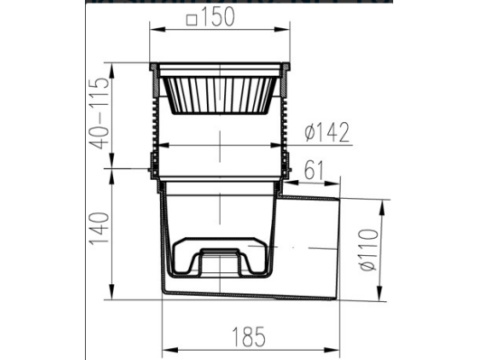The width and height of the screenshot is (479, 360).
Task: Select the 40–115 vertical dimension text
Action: click(99, 113)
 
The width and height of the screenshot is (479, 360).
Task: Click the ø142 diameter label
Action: click(327, 132)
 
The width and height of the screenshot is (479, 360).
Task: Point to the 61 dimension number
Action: click(314, 170)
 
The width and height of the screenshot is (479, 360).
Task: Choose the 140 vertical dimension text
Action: click(99, 228)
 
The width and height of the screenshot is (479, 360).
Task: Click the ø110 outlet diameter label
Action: click(369, 250)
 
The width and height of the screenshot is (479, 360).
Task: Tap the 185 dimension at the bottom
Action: click(249, 336)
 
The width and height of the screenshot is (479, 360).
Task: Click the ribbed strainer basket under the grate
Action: click(220, 96)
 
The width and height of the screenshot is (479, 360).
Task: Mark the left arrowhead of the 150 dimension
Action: click(157, 29)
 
